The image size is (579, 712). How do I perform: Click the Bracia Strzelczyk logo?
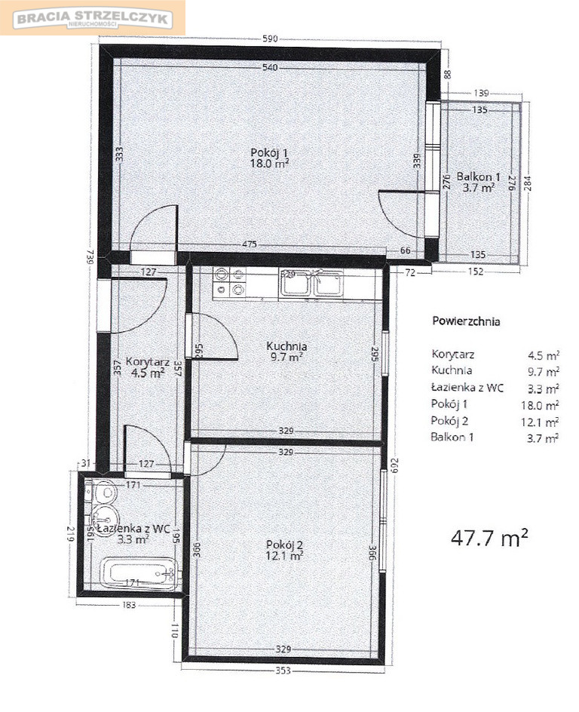[x=93, y=19]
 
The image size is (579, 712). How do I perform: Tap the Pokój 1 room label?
[x=270, y=152]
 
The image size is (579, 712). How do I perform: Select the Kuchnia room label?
[x=286, y=346]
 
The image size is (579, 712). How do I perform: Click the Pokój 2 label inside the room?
[x=284, y=545]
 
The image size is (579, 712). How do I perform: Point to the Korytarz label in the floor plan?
[x=148, y=362]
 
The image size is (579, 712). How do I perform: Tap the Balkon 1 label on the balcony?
[x=478, y=176]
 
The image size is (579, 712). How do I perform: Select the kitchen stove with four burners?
[x=230, y=281]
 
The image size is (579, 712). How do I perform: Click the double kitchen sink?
[x=311, y=284]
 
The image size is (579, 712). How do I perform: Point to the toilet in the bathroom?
[x=102, y=493]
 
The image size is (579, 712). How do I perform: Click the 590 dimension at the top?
[x=270, y=39]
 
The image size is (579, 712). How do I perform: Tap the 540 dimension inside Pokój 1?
[x=270, y=68]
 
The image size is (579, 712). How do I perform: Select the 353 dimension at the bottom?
[x=283, y=671]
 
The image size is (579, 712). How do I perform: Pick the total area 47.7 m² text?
[x=489, y=538]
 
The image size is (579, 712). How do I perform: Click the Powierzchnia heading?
[x=466, y=321]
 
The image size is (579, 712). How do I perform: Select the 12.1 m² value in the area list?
[x=540, y=422]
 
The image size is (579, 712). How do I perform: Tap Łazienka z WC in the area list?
[x=467, y=388]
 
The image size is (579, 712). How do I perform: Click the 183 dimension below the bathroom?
[x=129, y=605]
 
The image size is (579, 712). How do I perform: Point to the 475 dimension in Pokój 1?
[x=249, y=244]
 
